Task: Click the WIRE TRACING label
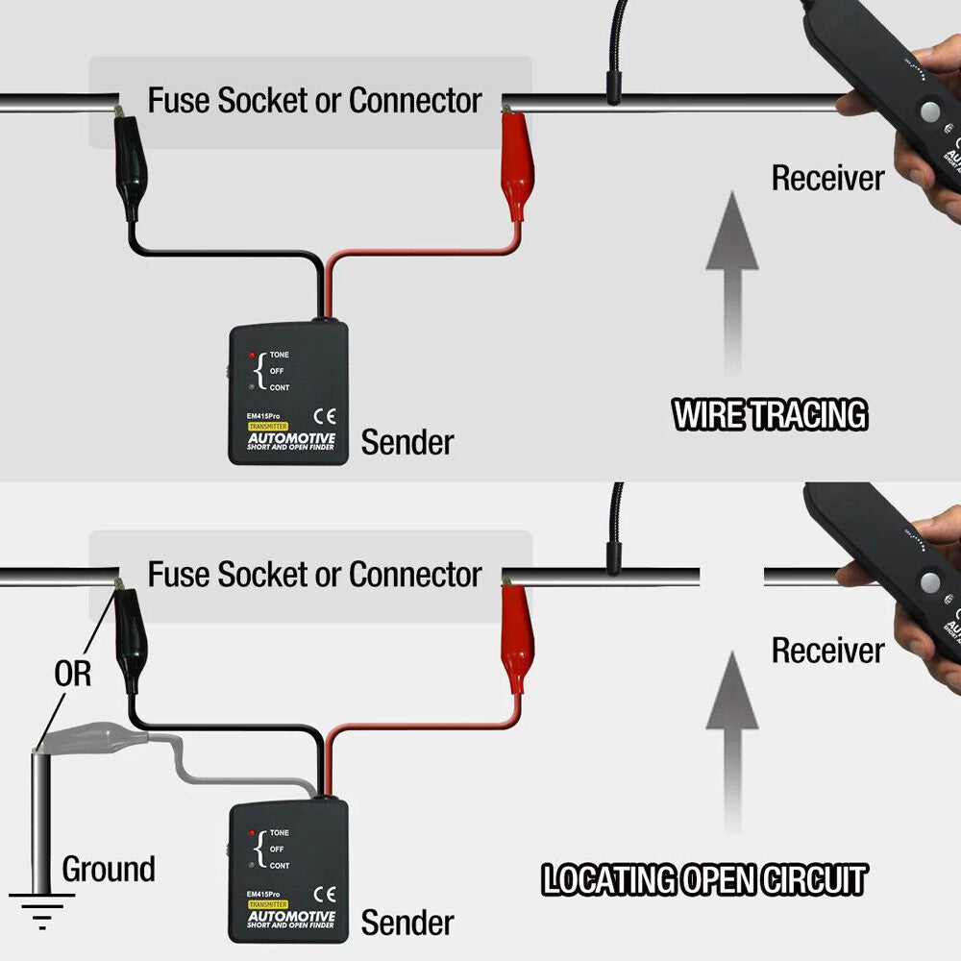pos(770,415)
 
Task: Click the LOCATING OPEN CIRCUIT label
pos(704,880)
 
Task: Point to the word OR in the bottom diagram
pos(72,674)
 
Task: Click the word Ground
pos(109,870)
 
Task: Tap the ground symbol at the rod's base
pos(41,908)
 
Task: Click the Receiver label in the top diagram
pos(827,178)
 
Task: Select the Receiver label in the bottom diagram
pos(827,651)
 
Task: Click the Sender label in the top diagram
pos(407,443)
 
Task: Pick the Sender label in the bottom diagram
pos(407,924)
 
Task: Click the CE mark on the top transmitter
pos(325,416)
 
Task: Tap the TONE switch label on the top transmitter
pos(279,355)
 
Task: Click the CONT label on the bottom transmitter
pos(279,866)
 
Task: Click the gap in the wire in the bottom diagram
pos(731,577)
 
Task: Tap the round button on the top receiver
pos(929,112)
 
